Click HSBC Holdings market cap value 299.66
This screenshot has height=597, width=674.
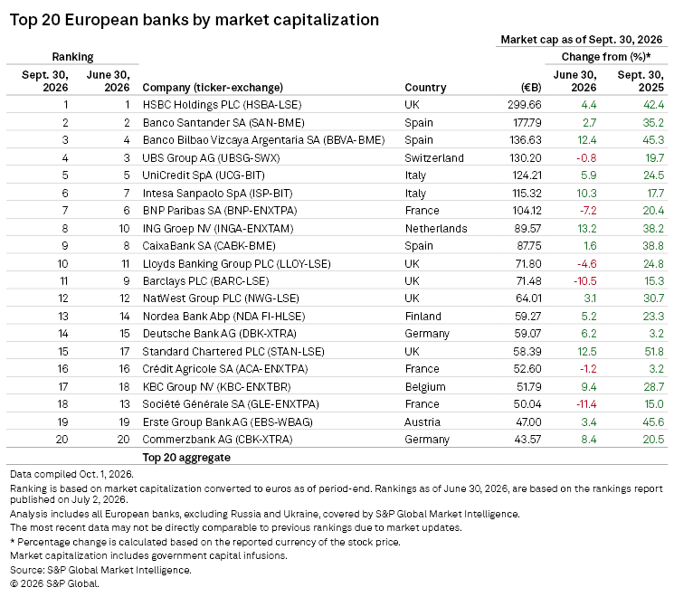tap(525, 105)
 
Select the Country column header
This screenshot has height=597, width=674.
tap(425, 88)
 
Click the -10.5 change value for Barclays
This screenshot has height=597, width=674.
tap(585, 281)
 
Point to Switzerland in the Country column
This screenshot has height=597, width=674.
tap(434, 158)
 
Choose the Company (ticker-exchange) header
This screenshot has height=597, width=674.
tap(213, 88)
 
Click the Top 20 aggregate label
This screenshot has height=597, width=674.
tap(186, 458)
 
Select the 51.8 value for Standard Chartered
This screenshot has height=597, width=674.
tap(654, 352)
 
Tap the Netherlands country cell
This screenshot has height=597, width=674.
tap(436, 229)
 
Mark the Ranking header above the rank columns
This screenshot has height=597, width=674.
tap(72, 57)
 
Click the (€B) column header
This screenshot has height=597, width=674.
tap(531, 88)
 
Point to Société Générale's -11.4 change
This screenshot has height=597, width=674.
tap(586, 404)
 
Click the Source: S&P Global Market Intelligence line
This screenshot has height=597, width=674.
tap(100, 570)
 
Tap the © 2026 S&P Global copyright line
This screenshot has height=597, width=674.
tap(54, 583)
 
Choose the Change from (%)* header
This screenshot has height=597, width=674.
tap(606, 57)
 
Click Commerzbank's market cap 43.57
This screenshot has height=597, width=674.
tap(527, 440)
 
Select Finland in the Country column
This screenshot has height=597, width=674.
tap(423, 317)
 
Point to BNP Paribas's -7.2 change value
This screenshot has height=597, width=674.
tap(587, 211)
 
